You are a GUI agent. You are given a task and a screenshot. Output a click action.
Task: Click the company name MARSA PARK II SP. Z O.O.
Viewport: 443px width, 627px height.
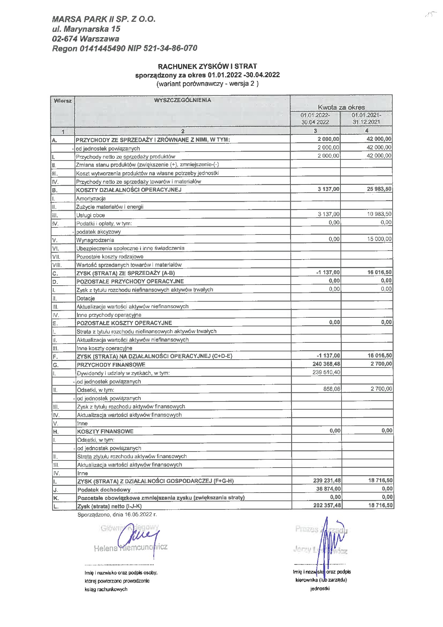[104, 19]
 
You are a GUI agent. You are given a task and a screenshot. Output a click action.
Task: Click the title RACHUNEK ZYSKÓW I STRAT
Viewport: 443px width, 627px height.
[208, 66]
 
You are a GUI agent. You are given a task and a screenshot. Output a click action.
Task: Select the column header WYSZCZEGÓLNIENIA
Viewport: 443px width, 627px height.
[182, 100]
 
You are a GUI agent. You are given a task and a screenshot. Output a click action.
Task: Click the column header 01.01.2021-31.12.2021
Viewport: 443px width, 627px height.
[366, 118]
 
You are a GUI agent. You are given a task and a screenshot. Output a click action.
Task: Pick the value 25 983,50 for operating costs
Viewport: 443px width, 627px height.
[379, 189]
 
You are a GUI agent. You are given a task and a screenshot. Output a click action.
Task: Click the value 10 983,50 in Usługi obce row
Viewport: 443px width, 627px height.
[379, 214]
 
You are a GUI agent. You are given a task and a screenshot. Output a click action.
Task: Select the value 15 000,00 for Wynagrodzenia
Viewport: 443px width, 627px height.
[379, 239]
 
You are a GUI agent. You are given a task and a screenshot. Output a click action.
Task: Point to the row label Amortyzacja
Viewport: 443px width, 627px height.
[91, 198]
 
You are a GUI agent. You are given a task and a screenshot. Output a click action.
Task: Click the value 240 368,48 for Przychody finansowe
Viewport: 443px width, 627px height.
[327, 364]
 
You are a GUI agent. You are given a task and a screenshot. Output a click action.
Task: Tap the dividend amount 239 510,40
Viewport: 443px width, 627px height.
[327, 372]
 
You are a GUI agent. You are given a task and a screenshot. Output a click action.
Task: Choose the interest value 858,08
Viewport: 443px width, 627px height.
[332, 389]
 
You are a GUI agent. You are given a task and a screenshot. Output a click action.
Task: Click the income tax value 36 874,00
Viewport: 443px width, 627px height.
[328, 489]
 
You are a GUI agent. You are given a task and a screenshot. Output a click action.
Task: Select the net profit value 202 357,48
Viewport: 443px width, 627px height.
[327, 505]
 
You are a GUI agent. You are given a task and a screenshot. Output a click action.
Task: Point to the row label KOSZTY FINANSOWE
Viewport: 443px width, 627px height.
[105, 431]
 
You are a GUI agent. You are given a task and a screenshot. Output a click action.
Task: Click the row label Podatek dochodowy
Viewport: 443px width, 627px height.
[104, 490]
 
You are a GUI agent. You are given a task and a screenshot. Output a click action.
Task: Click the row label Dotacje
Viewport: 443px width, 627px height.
[86, 298]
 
